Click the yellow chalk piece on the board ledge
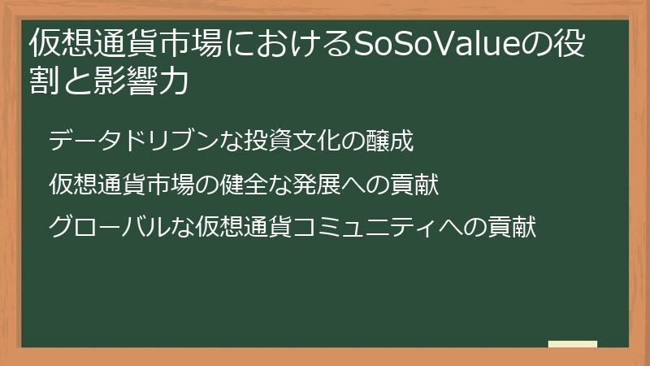(x=572, y=345)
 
